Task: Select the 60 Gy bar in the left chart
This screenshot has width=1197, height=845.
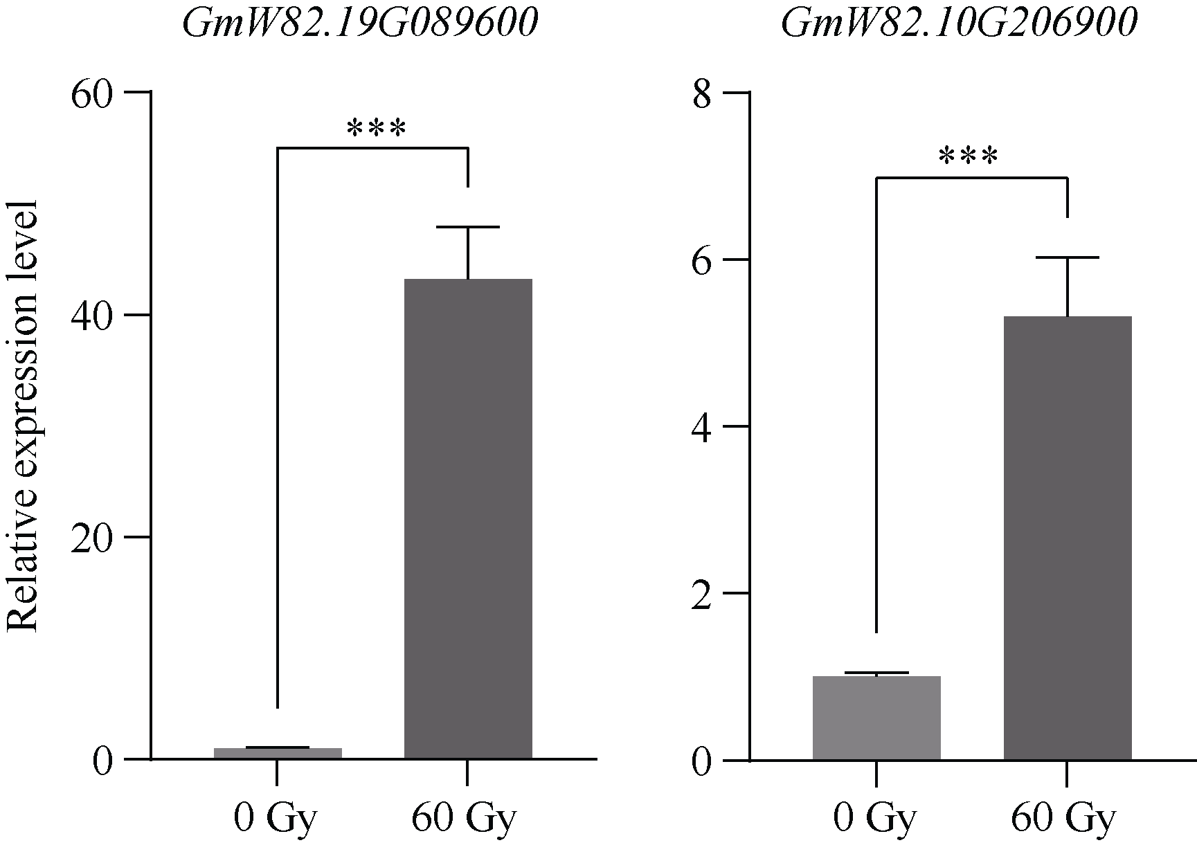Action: coord(468,519)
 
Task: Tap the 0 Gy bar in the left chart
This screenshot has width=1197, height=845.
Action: coord(278,753)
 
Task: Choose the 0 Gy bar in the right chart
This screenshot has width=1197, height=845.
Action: coord(876,718)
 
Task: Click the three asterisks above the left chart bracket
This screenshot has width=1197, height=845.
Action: coord(376,129)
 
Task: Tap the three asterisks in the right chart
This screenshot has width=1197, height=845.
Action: coord(969,157)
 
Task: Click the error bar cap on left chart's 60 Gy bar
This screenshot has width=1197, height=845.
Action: coord(468,227)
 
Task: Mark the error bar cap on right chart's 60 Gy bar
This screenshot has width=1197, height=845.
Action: coord(1068,257)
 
